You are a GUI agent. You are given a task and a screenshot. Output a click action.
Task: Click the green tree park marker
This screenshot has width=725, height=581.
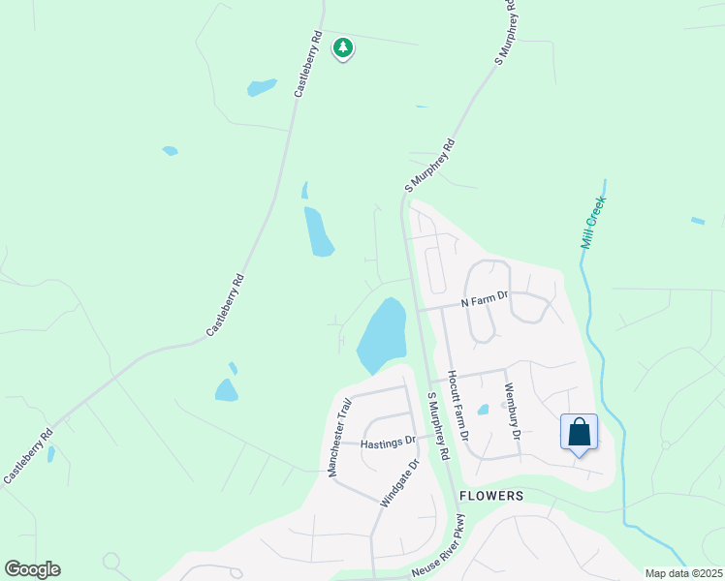tap(342, 47)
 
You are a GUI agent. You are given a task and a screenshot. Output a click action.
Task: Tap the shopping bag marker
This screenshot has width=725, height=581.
tap(579, 433)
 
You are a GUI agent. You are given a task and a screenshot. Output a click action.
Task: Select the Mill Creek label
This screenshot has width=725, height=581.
tap(592, 223)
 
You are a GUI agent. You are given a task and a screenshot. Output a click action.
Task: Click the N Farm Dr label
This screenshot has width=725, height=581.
tap(484, 300)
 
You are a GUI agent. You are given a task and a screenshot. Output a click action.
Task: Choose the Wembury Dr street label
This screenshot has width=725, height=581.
tap(511, 413)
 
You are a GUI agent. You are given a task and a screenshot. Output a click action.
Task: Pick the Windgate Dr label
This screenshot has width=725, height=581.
tap(398, 483)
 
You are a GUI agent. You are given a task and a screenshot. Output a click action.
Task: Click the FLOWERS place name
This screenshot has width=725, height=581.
tap(491, 496)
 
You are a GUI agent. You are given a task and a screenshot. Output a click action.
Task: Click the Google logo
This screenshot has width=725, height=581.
tap(32, 569)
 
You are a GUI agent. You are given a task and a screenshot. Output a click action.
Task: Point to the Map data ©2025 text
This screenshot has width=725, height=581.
tap(683, 573)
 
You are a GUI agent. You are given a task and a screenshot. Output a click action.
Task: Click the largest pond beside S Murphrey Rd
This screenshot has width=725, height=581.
tap(381, 334)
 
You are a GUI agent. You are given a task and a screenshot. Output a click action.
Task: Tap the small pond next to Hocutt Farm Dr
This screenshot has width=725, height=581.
tap(483, 410)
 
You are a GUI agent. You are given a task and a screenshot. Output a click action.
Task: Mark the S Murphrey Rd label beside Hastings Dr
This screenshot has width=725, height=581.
tap(438, 426)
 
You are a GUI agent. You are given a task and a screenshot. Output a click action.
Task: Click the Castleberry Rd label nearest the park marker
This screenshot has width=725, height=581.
tap(308, 64)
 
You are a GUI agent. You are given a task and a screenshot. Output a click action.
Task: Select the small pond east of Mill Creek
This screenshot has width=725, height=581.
tap(698, 221)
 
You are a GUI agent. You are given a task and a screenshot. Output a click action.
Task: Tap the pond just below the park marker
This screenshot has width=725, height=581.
tap(261, 88)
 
